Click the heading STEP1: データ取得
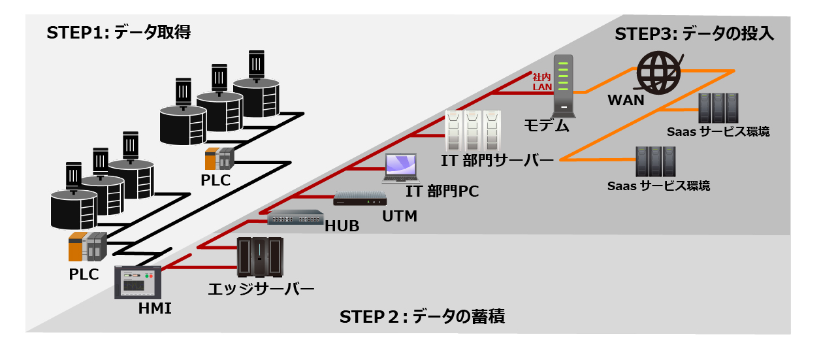118,33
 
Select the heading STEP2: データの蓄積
422,317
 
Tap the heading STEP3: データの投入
694,35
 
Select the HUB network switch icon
295,218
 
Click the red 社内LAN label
542,82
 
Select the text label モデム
547,126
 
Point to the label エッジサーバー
261,288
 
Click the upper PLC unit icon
219,159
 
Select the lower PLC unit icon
87,247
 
